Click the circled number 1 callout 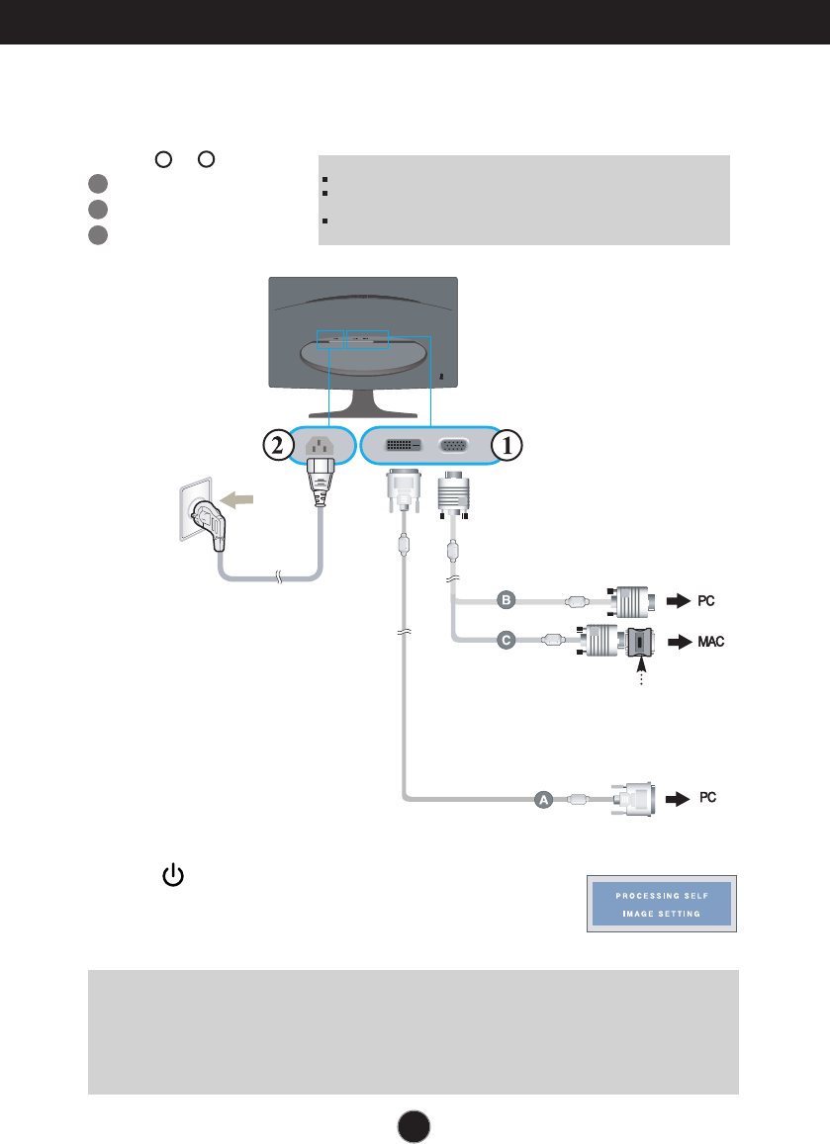507,446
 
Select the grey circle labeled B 507,600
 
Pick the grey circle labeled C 507,641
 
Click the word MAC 710,642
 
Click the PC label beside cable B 705,600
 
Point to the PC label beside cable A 708,796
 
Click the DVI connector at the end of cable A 634,797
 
